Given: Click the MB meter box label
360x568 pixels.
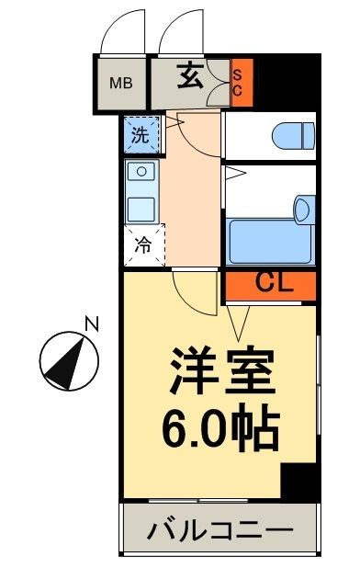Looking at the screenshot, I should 121,83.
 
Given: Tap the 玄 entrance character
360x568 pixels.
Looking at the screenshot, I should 191,77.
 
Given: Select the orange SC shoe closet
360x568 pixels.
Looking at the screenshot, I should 237,84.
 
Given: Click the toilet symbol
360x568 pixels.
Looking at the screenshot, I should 291,137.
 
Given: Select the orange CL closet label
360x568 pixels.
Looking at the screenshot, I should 270,285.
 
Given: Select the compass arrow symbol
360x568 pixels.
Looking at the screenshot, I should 69,359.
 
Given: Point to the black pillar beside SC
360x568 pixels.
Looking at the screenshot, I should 285,83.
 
